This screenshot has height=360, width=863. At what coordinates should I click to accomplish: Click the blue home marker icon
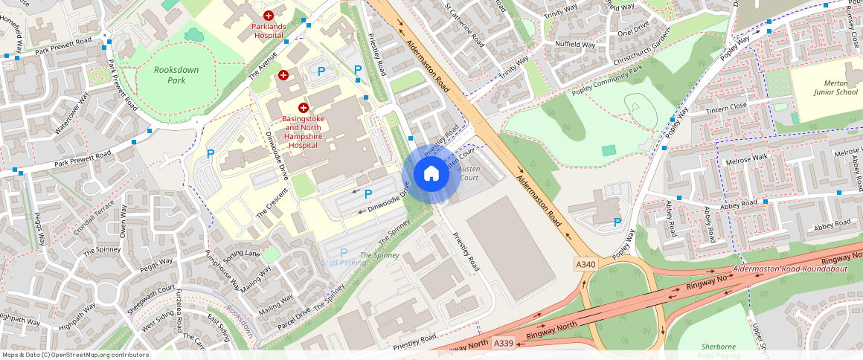(431, 174)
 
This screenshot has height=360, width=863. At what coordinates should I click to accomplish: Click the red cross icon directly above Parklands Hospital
(269, 14)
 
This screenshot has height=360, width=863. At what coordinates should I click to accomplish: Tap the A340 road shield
(586, 264)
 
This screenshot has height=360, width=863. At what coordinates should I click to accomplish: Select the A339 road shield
(504, 342)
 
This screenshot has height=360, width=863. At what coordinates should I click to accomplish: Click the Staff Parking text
(344, 263)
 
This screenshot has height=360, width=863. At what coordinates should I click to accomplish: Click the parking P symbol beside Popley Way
(617, 222)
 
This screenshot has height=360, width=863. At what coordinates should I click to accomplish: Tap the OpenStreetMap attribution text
(75, 355)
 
